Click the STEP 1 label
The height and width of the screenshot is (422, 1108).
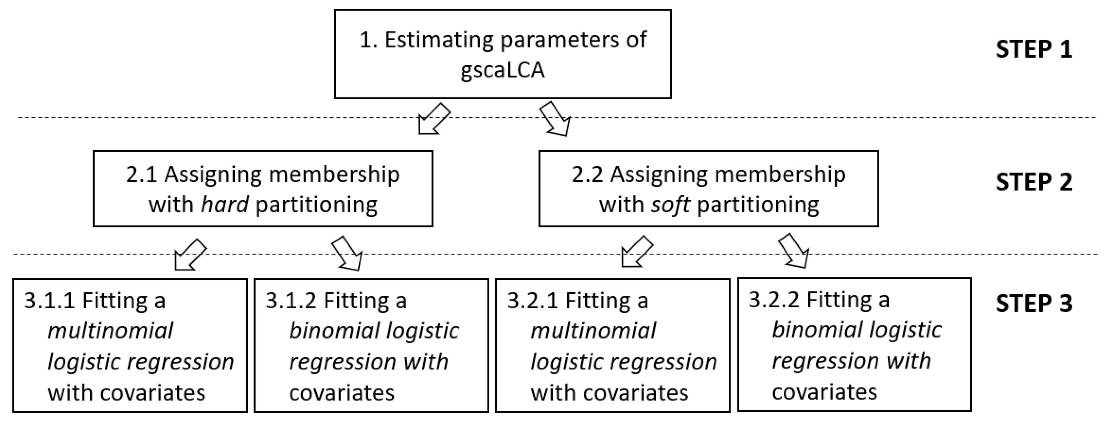(1034, 49)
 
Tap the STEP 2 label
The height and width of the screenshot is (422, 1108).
(1034, 182)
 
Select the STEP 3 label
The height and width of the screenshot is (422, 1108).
(1034, 304)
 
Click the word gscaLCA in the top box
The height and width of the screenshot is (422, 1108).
(502, 70)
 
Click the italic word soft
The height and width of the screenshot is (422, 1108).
(670, 204)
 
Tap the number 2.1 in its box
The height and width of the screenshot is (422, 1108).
(142, 175)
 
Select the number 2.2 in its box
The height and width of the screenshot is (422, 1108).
(587, 175)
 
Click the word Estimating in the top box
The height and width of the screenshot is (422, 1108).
(439, 40)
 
